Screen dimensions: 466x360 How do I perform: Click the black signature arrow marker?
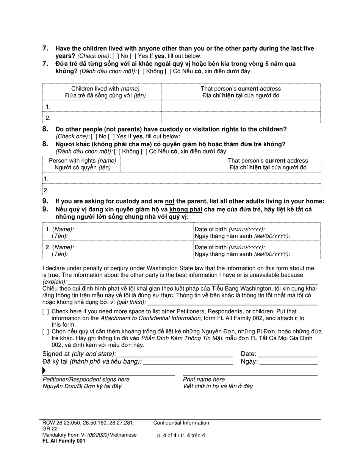44,371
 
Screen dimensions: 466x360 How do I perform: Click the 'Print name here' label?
203,379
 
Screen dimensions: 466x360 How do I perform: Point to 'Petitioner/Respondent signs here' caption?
86,379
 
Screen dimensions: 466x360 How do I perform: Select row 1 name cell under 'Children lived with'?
102,106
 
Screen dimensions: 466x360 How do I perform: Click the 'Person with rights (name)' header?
83,161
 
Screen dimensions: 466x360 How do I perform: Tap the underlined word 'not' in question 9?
169,201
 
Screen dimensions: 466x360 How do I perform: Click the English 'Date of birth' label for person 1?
230,229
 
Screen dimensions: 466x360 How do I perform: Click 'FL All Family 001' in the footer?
64,441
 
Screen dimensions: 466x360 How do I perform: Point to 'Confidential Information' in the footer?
181,423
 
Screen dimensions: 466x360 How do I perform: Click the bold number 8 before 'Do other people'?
45,129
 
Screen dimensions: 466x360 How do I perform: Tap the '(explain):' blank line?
193,282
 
